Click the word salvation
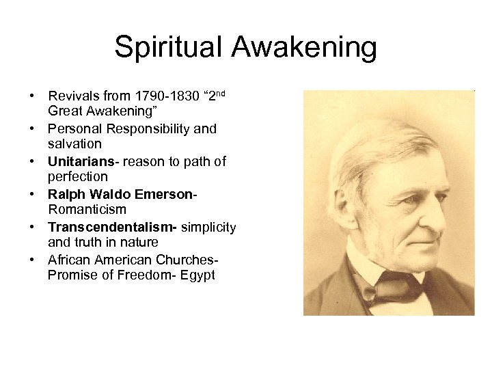74,143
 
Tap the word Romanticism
87,209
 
